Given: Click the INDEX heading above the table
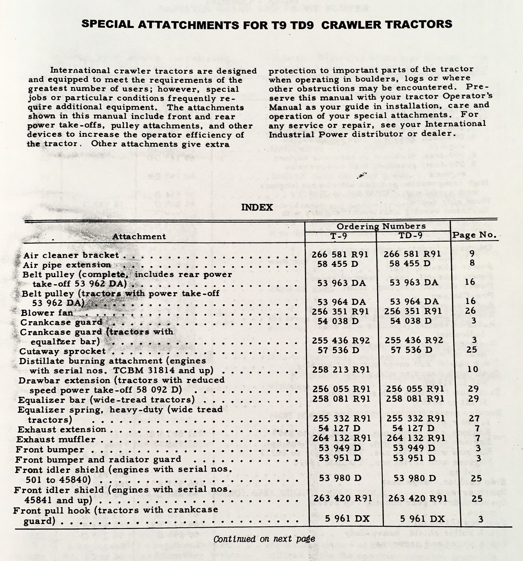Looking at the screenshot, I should click(x=257, y=207).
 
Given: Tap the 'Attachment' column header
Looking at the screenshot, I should click(x=139, y=236).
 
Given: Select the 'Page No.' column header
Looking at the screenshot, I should click(x=474, y=235).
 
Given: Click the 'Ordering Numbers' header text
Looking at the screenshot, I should click(x=381, y=226).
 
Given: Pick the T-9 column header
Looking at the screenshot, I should click(x=339, y=236).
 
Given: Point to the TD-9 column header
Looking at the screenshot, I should click(x=410, y=235).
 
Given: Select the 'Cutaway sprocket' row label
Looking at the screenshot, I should click(x=62, y=351).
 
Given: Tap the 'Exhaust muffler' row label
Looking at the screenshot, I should click(x=56, y=439).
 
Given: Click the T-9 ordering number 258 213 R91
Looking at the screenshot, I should click(x=341, y=370).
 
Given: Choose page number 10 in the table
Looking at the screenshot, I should click(x=473, y=369).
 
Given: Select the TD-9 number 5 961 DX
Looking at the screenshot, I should click(x=422, y=519).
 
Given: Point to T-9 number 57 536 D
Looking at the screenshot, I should click(x=338, y=350).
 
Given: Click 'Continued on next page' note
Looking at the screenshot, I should click(x=264, y=539).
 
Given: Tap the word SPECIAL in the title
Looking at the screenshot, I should click(x=107, y=24).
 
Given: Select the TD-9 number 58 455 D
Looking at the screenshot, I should click(x=410, y=263).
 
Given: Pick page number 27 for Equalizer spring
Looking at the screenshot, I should click(x=474, y=418).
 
